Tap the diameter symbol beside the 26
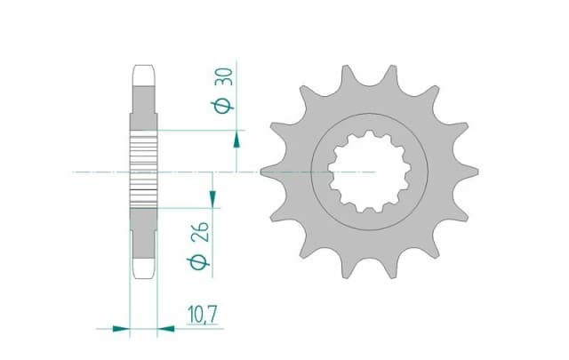click(x=202, y=261)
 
